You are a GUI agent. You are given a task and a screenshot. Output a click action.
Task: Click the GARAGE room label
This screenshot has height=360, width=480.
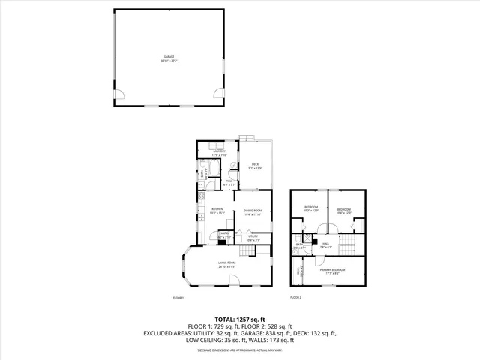point(168,58)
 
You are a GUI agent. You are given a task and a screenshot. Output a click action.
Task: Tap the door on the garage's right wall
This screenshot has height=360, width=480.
point(217,95)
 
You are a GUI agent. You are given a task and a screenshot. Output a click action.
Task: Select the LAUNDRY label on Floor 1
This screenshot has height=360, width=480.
point(219,152)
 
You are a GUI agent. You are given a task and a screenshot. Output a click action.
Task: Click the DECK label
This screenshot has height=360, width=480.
point(255,166)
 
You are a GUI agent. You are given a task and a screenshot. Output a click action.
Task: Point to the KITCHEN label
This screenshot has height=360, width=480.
point(217,210)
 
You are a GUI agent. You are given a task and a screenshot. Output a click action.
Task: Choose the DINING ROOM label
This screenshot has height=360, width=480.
point(253,212)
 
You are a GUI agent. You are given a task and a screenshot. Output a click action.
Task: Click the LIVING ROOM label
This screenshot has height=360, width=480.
point(226,264)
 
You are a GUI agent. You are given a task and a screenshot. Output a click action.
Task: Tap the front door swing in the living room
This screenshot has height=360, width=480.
point(235,280)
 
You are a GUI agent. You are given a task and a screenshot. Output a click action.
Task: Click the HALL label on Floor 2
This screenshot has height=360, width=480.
point(326,244)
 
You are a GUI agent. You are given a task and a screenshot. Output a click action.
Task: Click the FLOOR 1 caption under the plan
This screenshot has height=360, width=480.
point(178,298)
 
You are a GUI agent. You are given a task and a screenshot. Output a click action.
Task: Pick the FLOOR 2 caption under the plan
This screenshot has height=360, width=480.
point(296,298)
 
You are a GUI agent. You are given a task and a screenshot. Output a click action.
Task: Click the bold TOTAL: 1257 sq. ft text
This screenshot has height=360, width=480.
point(240,319)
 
